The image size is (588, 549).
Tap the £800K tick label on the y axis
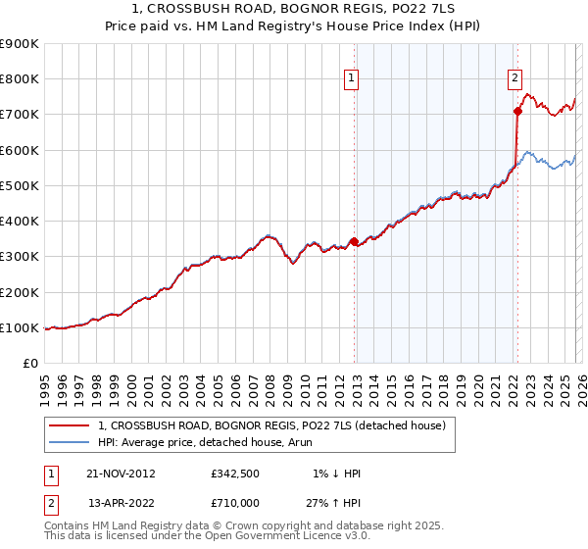tap(20, 79)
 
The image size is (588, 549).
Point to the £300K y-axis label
tap(20, 257)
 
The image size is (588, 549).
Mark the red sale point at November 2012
tap(354, 240)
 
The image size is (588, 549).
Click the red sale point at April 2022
tap(516, 111)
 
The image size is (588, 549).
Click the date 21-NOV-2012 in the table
tap(122, 474)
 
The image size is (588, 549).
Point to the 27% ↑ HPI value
tap(332, 502)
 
